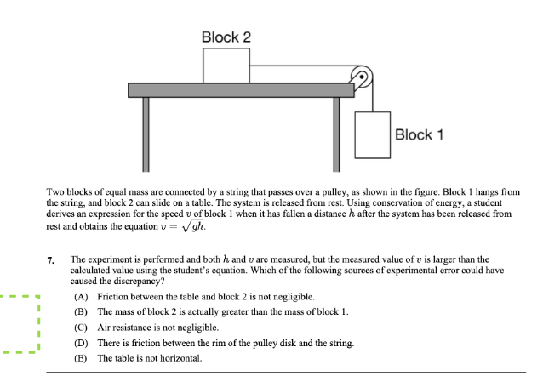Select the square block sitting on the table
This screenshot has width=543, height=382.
pos(226,66)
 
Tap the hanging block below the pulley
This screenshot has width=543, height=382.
pos(377,134)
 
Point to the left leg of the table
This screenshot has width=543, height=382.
pos(146,132)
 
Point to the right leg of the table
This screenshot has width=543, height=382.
pos(336,132)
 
